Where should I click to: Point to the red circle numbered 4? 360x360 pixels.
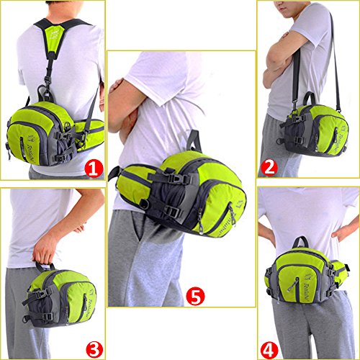pos(269,350)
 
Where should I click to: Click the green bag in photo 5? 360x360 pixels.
pos(191,194)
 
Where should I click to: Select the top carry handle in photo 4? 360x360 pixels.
pos(300,241)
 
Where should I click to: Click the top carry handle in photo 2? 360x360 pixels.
pos(310,97)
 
